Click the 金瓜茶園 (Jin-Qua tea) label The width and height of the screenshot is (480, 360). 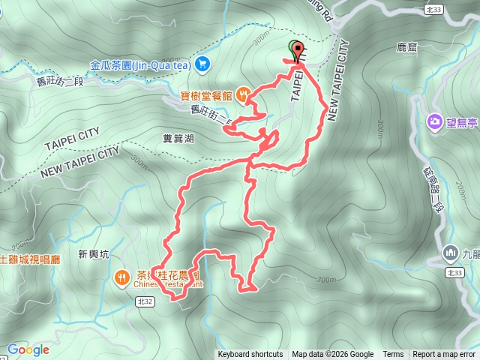(139, 65)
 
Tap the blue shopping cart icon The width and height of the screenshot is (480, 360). (202, 65)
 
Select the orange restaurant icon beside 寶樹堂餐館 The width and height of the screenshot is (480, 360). (243, 94)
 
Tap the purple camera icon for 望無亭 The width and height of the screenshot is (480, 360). (435, 121)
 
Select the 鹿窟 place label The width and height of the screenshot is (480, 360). (406, 47)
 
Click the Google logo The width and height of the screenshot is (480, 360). (28, 349)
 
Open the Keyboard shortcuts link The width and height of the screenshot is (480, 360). (250, 355)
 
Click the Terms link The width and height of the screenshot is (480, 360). (393, 355)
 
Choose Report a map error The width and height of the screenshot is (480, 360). (445, 355)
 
